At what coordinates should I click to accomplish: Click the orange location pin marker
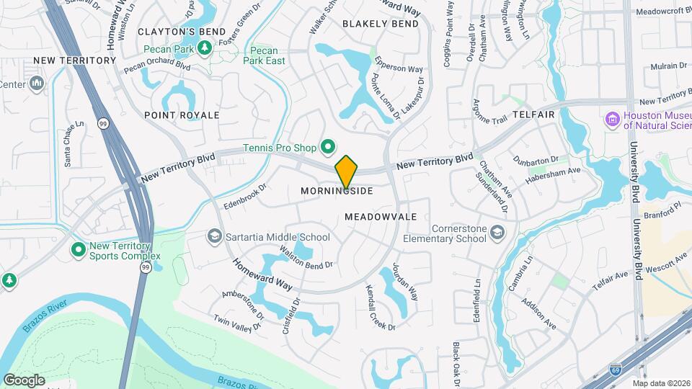click(x=347, y=172)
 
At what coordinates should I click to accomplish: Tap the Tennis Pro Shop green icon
click(x=327, y=148)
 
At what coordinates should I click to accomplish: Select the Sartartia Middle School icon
click(x=214, y=236)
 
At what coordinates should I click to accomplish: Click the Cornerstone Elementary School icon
click(x=497, y=232)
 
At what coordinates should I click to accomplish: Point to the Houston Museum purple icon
click(x=613, y=119)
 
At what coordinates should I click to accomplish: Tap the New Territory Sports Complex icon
click(x=78, y=250)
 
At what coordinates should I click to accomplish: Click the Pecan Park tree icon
click(x=205, y=48)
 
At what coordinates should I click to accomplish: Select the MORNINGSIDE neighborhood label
click(x=337, y=191)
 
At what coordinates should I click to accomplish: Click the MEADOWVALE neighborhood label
click(x=381, y=216)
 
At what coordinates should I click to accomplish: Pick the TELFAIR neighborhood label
click(x=533, y=115)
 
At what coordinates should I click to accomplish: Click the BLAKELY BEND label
click(x=381, y=24)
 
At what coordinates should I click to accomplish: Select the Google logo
click(x=24, y=380)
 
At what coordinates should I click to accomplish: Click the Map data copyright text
click(x=662, y=383)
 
